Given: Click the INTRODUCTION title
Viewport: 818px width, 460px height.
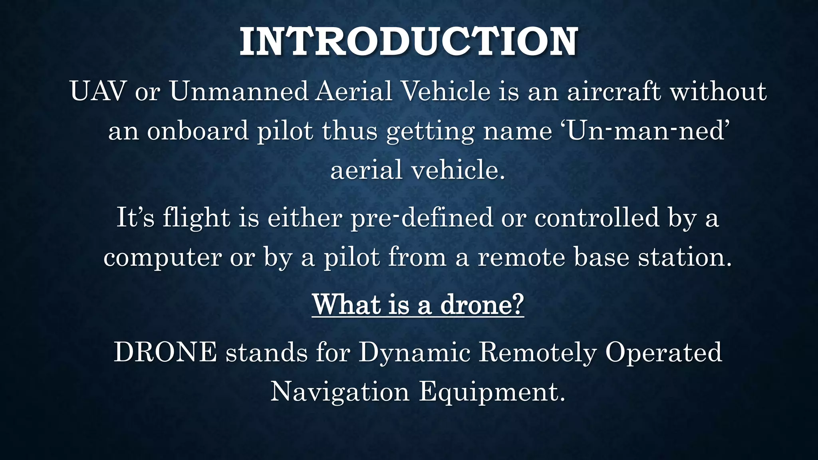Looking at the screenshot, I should (x=409, y=42).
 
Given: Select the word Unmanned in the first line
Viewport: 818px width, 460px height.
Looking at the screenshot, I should (x=239, y=91).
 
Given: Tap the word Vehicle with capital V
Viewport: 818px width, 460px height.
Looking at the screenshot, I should (x=446, y=91).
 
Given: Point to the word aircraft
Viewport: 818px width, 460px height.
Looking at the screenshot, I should (x=614, y=91).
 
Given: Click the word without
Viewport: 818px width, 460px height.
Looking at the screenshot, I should (x=718, y=91).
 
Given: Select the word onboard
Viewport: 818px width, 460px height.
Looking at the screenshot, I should (x=198, y=131).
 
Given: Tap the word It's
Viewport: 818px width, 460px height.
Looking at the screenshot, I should (x=135, y=218).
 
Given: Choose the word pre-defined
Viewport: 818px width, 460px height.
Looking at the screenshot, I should (x=422, y=218).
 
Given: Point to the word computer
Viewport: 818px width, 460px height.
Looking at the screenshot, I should (x=162, y=258).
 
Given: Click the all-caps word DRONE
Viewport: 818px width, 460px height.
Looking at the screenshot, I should (x=165, y=352).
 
